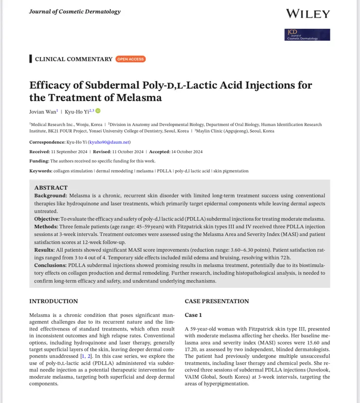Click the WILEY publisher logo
pyautogui.click(x=307, y=14)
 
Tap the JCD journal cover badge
pyautogui.click(x=307, y=35)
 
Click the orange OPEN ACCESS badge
pyautogui.click(x=130, y=59)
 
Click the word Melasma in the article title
pyautogui.click(x=141, y=98)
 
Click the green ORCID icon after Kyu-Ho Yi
pyautogui.click(x=98, y=111)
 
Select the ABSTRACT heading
pyautogui.click(x=51, y=188)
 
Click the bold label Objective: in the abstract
pyautogui.click(x=47, y=219)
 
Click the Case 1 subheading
pyautogui.click(x=193, y=315)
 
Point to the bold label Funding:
pyautogui.click(x=40, y=161)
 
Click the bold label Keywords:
pyautogui.click(x=41, y=171)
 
